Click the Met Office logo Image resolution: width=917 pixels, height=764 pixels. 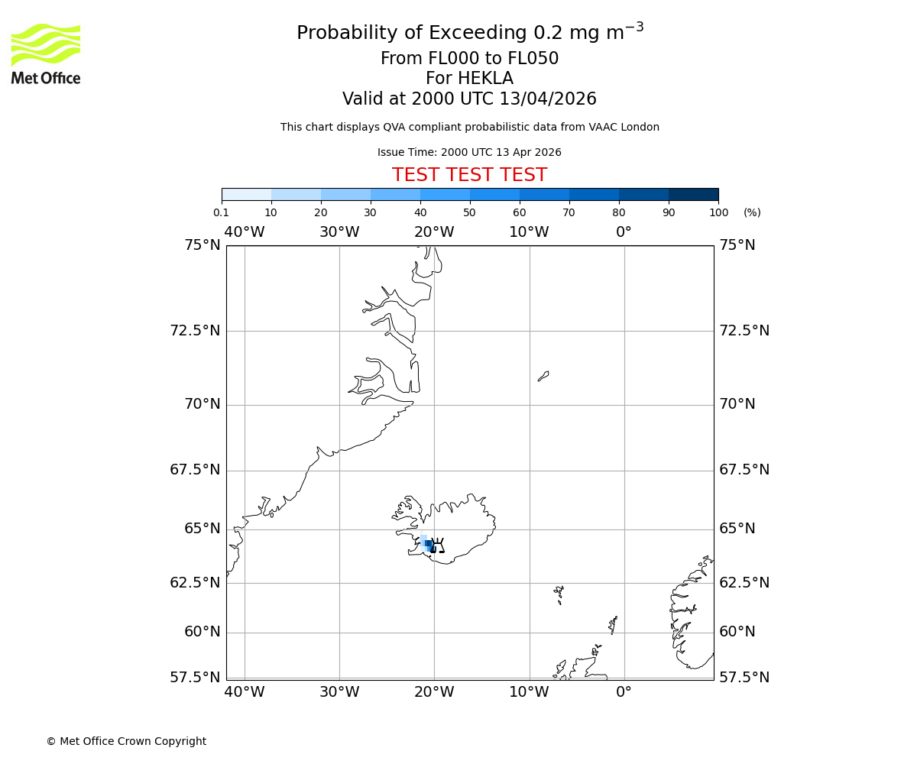[x=46, y=53]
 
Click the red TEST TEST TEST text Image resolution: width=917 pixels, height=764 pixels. [x=469, y=176]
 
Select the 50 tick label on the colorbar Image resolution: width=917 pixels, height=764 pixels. [x=469, y=213]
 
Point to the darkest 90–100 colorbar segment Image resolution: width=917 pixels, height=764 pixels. [x=693, y=194]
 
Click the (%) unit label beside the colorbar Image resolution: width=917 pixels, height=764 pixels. [x=752, y=213]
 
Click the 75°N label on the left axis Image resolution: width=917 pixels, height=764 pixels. [x=202, y=245]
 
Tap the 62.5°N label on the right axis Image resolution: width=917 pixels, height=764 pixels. [x=744, y=583]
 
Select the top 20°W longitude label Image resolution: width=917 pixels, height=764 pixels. [x=434, y=232]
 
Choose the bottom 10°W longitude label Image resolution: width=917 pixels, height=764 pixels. [x=529, y=692]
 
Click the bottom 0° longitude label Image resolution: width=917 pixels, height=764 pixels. [x=624, y=692]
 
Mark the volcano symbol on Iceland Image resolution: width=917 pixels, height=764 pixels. [x=437, y=545]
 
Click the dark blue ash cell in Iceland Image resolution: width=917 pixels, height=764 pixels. [x=429, y=544]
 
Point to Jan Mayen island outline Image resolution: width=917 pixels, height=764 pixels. [x=543, y=376]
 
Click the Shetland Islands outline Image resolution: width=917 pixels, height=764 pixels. [x=613, y=624]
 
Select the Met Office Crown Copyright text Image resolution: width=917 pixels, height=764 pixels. [x=126, y=742]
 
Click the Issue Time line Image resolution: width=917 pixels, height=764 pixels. [x=469, y=153]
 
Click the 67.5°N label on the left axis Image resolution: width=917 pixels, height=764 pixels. [x=195, y=470]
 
